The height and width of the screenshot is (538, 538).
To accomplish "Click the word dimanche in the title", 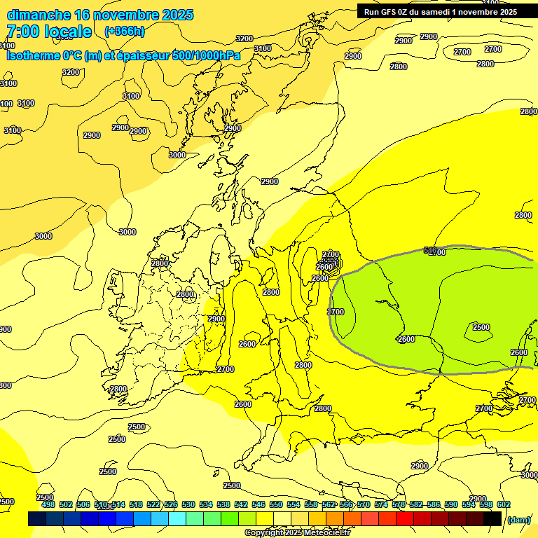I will pyautogui.click(x=39, y=15).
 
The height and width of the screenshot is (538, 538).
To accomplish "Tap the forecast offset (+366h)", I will pyautogui.click(x=125, y=31).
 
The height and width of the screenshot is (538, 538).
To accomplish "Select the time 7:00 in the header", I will pyautogui.click(x=22, y=32).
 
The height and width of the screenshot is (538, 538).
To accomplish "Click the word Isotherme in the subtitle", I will pyautogui.click(x=32, y=56).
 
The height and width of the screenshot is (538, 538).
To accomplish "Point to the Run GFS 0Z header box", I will pyautogui.click(x=440, y=11).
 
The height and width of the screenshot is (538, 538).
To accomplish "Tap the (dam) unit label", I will pyautogui.click(x=518, y=519).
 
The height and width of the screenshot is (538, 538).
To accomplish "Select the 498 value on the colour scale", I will pyautogui.click(x=48, y=504).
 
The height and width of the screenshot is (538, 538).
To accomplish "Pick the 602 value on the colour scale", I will pyautogui.click(x=503, y=504).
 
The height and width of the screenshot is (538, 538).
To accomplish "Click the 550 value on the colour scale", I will pyautogui.click(x=275, y=504).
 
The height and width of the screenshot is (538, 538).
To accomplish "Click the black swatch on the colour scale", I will pyautogui.click(x=492, y=518).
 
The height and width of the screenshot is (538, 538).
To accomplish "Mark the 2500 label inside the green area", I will pyautogui.click(x=481, y=327).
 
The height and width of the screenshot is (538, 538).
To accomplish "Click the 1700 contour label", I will pyautogui.click(x=336, y=312).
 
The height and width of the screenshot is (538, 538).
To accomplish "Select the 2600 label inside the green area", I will pyautogui.click(x=406, y=339).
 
